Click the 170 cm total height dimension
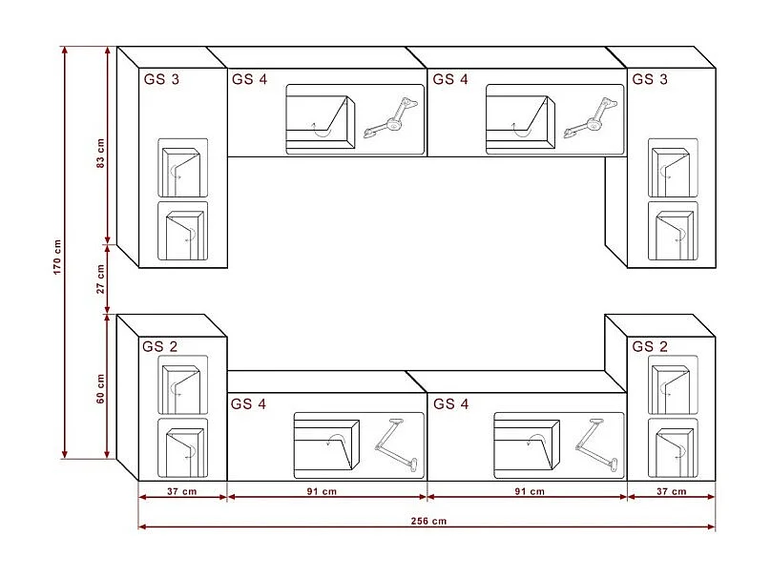57,258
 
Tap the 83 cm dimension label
100,154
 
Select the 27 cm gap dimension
100,279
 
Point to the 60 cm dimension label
100,389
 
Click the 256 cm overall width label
428,521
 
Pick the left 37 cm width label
182,491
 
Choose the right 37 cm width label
672,491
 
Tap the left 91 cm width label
323,491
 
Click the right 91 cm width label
530,491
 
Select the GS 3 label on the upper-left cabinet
161,79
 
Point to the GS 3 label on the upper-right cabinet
650,79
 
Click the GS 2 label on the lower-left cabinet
159,346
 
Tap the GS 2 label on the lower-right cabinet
650,346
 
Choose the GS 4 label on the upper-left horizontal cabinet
249,79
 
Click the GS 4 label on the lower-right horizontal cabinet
451,404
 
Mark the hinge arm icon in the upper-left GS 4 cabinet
391,118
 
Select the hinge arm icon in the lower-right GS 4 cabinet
596,444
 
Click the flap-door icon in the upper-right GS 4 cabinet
520,122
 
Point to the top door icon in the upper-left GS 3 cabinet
182,171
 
